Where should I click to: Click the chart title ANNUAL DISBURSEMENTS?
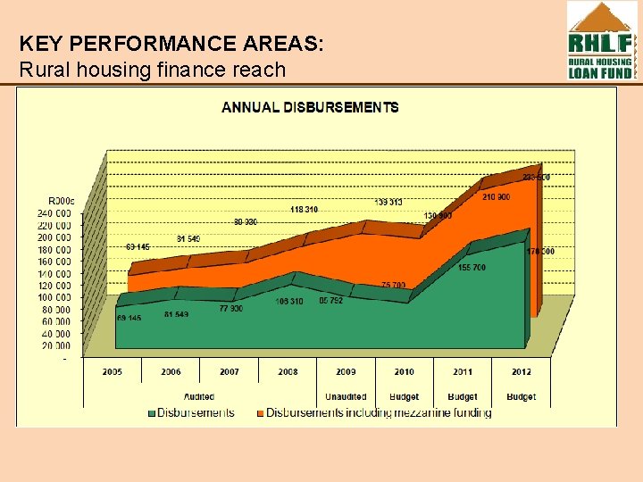click(310, 108)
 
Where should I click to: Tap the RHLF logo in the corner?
click(601, 41)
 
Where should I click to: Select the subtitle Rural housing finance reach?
click(152, 70)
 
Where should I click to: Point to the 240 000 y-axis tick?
click(54, 213)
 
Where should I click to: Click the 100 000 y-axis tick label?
click(54, 297)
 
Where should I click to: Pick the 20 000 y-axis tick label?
click(56, 345)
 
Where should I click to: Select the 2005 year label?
click(113, 371)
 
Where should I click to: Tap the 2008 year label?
click(288, 371)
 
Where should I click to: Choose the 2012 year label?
click(521, 371)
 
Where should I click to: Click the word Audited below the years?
click(198, 396)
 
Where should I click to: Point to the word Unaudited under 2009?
click(346, 396)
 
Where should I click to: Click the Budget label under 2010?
click(404, 396)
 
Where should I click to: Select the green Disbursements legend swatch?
click(152, 413)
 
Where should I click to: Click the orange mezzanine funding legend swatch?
click(260, 413)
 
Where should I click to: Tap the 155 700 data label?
click(472, 268)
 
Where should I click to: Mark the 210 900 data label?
click(496, 197)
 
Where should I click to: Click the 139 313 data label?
click(388, 203)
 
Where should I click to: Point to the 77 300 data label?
click(230, 308)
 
